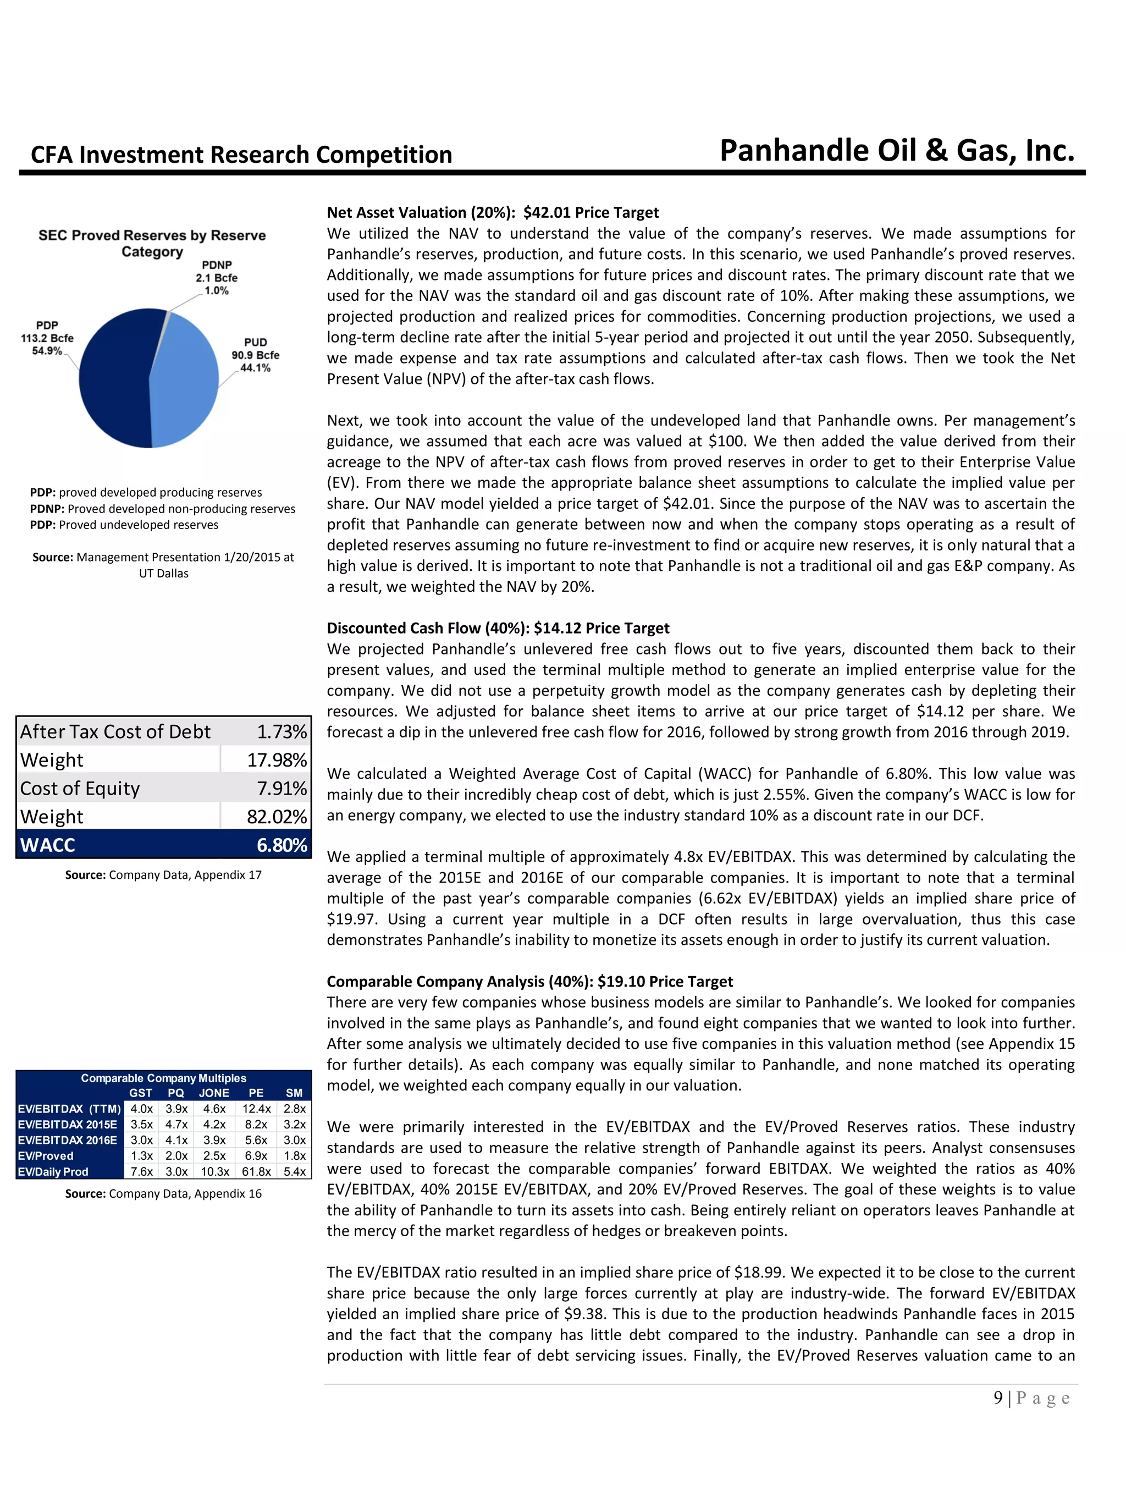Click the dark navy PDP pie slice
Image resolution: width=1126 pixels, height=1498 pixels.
point(112,379)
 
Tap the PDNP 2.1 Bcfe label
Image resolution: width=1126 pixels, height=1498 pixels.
point(217,278)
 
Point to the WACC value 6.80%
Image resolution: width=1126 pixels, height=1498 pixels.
point(281,845)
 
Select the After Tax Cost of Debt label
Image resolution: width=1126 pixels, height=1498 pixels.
point(115,731)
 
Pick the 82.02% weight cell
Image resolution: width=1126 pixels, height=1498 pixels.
point(276,817)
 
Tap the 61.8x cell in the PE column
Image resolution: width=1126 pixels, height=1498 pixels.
point(256,1171)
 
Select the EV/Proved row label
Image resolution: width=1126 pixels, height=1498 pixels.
point(46,1156)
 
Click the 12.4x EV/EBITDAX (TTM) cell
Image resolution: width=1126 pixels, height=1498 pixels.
point(256,1109)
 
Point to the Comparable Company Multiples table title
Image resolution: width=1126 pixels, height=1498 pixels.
point(163,1078)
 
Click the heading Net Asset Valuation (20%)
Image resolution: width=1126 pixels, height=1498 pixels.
point(492,213)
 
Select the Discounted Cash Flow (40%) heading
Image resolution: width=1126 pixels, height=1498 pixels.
point(498,628)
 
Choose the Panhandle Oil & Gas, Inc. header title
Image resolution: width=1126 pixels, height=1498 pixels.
point(897,150)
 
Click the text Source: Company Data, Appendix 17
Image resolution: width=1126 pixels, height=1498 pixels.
point(163,875)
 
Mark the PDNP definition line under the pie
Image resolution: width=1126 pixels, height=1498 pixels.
point(163,509)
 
